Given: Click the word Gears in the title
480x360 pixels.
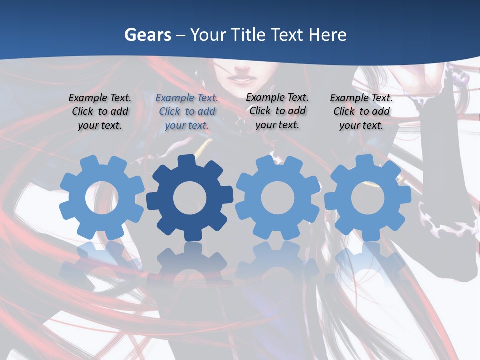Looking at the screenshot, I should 147,35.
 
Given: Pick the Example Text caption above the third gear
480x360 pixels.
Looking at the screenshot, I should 277,111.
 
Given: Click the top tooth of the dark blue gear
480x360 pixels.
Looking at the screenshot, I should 186,161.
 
